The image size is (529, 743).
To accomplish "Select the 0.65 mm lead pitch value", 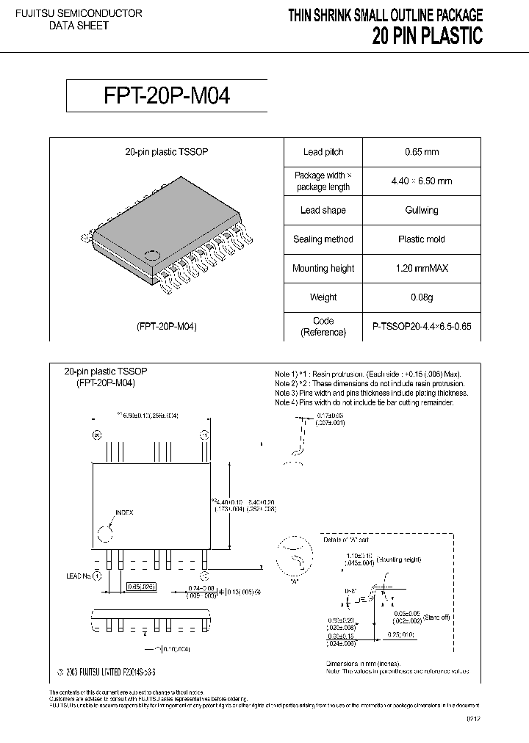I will click(x=422, y=152).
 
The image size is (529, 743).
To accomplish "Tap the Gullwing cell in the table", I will click(x=422, y=210).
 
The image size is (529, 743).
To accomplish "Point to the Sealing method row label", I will click(x=323, y=239).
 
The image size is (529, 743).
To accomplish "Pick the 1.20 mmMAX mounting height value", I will click(x=422, y=269).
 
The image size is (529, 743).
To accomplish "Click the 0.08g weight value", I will click(x=422, y=297).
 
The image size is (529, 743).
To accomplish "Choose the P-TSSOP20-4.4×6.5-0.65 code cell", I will click(x=422, y=327).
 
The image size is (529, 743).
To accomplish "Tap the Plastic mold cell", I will click(x=422, y=239).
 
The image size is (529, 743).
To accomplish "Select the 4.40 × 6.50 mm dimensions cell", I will click(x=422, y=181).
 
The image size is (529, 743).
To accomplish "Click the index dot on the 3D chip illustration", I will click(x=152, y=256).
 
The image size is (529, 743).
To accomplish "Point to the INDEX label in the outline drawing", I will click(x=124, y=512).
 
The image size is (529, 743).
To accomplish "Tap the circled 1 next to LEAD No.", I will click(x=96, y=576).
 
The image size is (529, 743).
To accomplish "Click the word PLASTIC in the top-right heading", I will click(x=447, y=36).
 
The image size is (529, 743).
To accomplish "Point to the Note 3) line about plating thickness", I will click(x=371, y=393).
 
